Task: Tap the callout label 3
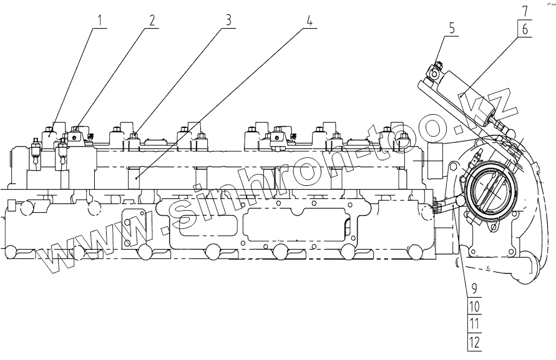pos(228,19)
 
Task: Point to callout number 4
pos(309,19)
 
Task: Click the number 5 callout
pos(451,27)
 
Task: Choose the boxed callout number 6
pos(524,28)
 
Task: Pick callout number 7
pos(524,11)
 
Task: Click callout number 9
pos(474,289)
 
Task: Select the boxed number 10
pos(474,306)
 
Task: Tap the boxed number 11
pos(474,324)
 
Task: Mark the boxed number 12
pos(474,341)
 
